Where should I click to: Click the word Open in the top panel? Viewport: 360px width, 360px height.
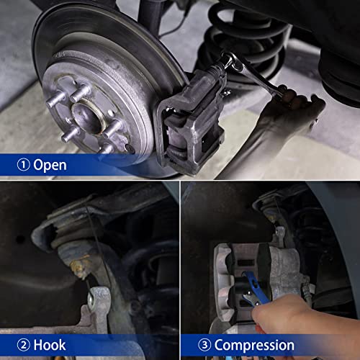pos(50,165)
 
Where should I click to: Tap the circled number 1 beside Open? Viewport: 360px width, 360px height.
pos(24,165)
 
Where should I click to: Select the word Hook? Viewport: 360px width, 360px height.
pos(50,345)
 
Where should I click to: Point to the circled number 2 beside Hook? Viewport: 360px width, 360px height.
pos(24,345)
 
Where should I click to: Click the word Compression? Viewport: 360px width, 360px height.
pos(254,345)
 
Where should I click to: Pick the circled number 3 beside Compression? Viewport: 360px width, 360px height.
pos(203,345)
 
